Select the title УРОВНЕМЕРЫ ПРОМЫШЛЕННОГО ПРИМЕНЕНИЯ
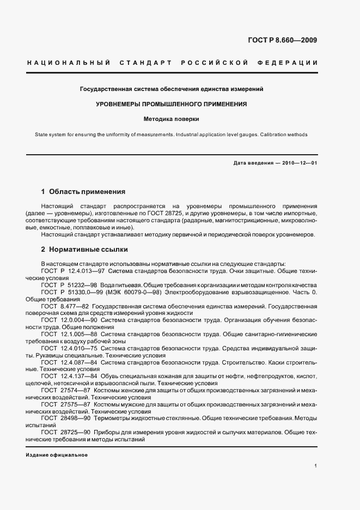tap(172, 104)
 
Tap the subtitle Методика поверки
tap(172, 118)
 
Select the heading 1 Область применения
tap(83, 192)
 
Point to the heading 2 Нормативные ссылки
tap(84, 250)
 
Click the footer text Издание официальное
tap(57, 454)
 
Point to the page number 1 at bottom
tap(316, 466)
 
